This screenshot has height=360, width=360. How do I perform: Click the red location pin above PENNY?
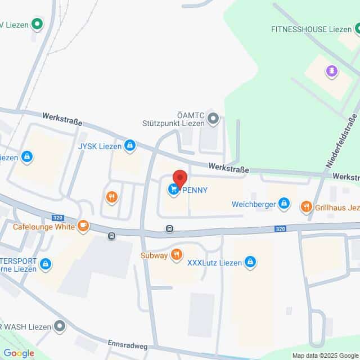179,178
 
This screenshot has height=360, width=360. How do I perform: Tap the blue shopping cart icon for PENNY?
173,190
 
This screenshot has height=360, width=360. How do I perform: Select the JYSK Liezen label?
99,146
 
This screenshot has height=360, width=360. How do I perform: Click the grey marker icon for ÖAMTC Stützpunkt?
213,118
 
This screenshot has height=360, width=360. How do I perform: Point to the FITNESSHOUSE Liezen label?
311,29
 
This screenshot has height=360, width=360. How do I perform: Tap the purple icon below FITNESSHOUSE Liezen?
331,70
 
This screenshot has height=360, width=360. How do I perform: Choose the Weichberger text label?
253,204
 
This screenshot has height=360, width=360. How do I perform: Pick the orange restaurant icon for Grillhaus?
306,206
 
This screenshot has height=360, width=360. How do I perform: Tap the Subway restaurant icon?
177,255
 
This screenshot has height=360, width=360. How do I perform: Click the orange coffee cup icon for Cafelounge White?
83,226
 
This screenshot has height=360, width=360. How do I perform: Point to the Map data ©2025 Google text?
325,355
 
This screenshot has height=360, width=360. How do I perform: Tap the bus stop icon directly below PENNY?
169,228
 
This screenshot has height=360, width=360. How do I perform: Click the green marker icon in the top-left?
37,24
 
